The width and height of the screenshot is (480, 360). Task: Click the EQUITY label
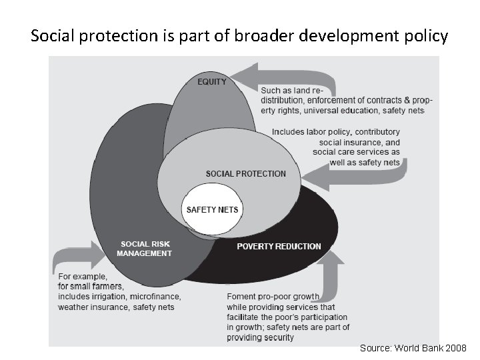coord(211,82)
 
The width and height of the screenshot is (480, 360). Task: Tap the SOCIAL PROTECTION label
coord(245,174)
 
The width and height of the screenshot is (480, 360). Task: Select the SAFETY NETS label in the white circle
coord(212,209)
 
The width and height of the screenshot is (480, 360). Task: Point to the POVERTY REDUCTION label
coord(279,247)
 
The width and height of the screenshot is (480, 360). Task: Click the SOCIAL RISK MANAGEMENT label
coord(145,249)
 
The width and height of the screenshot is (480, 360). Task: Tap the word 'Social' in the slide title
coord(53,35)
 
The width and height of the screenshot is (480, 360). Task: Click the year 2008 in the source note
coord(456,348)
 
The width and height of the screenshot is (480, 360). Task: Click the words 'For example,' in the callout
coord(83,275)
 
